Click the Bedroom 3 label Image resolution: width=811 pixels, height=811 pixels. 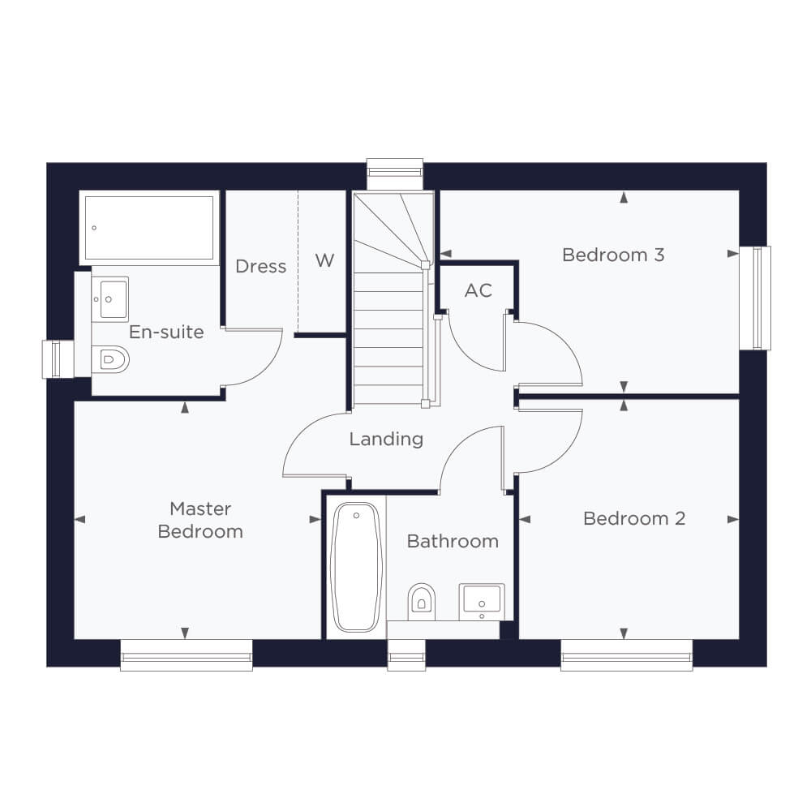613,255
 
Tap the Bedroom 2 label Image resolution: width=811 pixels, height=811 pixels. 634,518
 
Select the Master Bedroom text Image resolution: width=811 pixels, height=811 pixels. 200,520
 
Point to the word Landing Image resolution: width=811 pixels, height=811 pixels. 386,439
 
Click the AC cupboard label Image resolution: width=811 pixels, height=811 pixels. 478,290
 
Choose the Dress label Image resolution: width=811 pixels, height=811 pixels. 260,266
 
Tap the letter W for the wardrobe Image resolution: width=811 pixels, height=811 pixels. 324,260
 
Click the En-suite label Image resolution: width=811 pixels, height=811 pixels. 166,332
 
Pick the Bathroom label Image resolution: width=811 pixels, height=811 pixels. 453,541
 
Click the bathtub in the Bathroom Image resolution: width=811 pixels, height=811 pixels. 356,568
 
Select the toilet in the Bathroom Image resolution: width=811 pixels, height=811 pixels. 422,602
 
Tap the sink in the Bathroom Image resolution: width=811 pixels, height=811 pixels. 482,602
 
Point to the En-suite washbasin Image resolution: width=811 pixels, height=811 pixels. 110,299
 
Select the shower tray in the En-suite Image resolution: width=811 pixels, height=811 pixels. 149,228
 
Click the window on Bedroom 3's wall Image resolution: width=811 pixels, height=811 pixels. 755,298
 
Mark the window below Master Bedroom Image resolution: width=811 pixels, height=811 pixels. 187,655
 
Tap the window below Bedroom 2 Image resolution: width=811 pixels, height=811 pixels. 626,655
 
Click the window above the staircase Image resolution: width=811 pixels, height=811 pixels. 395,174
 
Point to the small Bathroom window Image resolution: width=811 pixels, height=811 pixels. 406,655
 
